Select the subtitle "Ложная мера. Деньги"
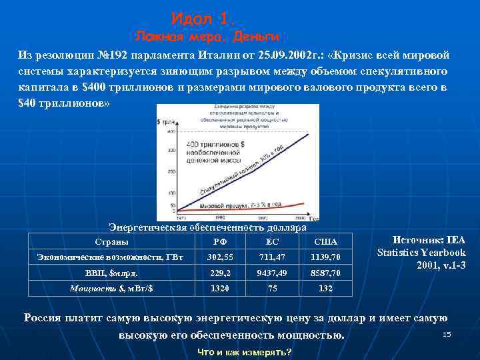point(207,36)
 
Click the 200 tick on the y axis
point(171,171)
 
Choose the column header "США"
point(326,241)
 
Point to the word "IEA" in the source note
point(456,241)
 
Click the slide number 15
point(447,333)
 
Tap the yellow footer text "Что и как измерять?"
point(245,351)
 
